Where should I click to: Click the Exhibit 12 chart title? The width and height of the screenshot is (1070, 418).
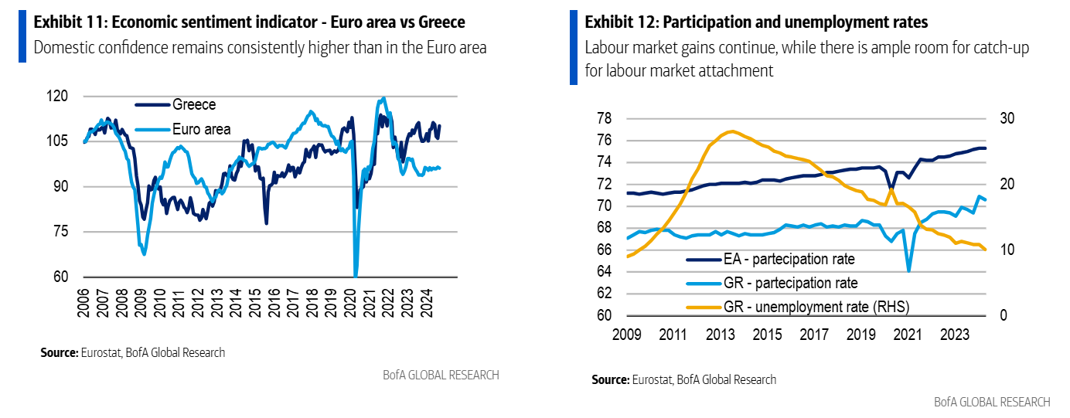[756, 21]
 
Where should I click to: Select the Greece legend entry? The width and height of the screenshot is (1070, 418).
[194, 105]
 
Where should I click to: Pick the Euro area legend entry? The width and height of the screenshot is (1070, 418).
[201, 129]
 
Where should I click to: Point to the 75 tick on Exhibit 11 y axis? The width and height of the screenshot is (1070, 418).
[61, 232]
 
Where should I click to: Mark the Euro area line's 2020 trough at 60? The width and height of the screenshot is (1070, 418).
[356, 274]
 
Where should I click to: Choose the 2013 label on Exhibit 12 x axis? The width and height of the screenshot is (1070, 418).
[721, 335]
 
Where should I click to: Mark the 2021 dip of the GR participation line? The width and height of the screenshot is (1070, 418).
[909, 270]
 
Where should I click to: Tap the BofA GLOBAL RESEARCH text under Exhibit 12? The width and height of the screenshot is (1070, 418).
[992, 402]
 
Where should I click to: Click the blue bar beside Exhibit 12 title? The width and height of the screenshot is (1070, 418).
[574, 47]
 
